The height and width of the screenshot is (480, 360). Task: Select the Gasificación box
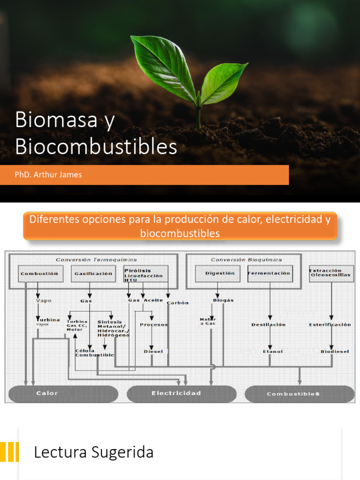[94, 274]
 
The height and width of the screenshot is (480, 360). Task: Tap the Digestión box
[219, 274]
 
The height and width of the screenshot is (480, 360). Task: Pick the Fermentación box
[270, 274]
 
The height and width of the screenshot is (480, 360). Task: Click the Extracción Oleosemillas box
[331, 273]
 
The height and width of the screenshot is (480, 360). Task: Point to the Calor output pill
[63, 394]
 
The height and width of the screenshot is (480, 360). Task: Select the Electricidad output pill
[181, 394]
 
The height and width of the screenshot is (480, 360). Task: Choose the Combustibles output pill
[300, 394]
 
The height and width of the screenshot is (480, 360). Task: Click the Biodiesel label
[335, 352]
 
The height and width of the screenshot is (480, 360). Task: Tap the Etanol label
[273, 352]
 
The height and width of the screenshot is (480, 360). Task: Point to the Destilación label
[269, 325]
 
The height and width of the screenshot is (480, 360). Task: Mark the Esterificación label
[330, 325]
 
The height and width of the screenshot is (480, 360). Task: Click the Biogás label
[223, 300]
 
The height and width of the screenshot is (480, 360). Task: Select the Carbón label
[178, 303]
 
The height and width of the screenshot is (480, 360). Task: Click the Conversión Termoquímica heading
[97, 260]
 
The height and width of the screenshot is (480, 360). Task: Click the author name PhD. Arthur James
[48, 175]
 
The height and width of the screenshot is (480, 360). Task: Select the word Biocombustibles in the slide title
[96, 147]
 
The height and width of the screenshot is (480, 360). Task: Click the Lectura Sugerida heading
[94, 453]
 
